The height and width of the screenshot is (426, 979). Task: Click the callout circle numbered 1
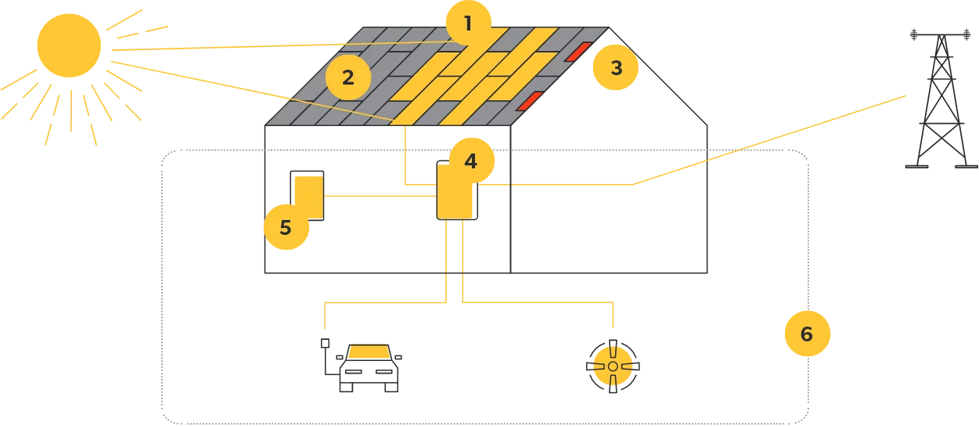click(x=468, y=23)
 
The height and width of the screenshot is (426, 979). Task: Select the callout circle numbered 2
click(x=348, y=77)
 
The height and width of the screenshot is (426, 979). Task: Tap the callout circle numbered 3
click(x=616, y=67)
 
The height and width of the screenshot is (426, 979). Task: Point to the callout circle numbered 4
click(x=470, y=161)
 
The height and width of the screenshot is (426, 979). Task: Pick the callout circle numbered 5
click(x=285, y=228)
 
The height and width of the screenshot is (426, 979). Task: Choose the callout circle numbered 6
click(x=807, y=334)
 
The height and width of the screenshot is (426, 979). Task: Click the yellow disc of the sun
click(x=70, y=45)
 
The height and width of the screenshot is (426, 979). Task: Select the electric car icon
click(x=365, y=366)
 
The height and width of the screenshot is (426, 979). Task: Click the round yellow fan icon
click(x=613, y=366)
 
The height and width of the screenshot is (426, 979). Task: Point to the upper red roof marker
click(x=579, y=52)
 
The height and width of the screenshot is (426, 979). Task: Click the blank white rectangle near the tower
click(x=782, y=81)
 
